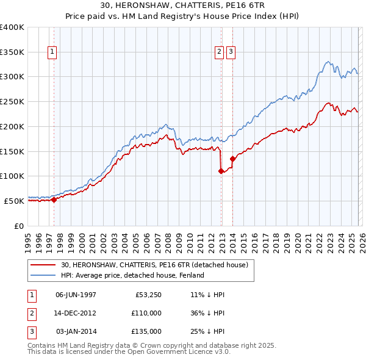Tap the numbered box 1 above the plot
tap(52, 52)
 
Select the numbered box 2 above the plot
tap(219, 52)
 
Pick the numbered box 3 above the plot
tap(231, 52)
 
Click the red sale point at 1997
tap(54, 199)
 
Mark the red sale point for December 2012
tap(221, 171)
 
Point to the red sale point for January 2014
tap(232, 159)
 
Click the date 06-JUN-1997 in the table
tap(76, 294)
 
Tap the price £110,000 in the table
tap(147, 313)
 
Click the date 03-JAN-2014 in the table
tap(76, 331)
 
